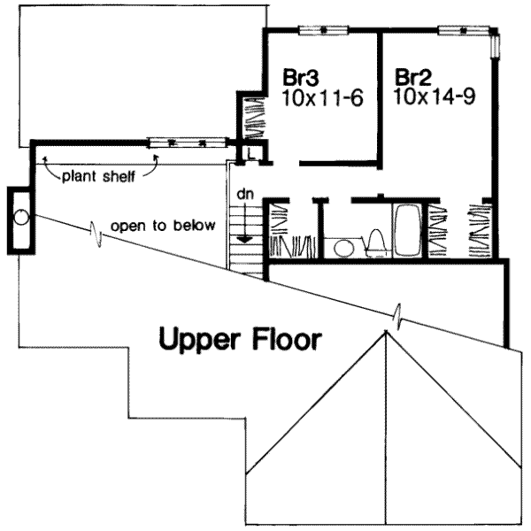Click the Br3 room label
pyautogui.click(x=301, y=77)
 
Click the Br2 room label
pyautogui.click(x=413, y=77)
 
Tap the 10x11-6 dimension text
pyautogui.click(x=322, y=98)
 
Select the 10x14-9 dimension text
pyautogui.click(x=435, y=96)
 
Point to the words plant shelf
pyautogui.click(x=98, y=176)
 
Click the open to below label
pyautogui.click(x=163, y=226)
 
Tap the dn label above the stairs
pyautogui.click(x=245, y=195)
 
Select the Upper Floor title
pyautogui.click(x=240, y=339)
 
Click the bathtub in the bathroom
pyautogui.click(x=407, y=230)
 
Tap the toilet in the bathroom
pyautogui.click(x=376, y=242)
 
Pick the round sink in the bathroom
pyautogui.click(x=344, y=248)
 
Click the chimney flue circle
pyautogui.click(x=21, y=217)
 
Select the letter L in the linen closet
pyautogui.click(x=251, y=154)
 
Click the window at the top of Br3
pyautogui.click(x=323, y=30)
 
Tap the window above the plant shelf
pyautogui.click(x=187, y=142)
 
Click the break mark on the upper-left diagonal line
pyautogui.click(x=96, y=234)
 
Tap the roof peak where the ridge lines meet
pyautogui.click(x=386, y=331)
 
